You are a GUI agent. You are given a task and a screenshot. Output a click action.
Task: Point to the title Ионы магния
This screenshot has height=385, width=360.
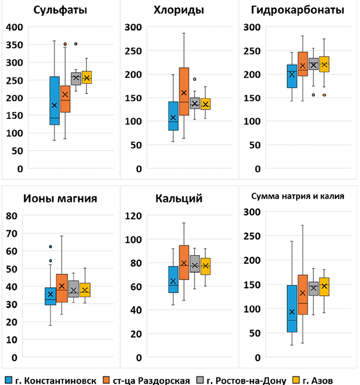pyautogui.click(x=61, y=199)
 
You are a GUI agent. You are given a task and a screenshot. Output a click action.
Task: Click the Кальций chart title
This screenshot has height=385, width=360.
pyautogui.click(x=179, y=199)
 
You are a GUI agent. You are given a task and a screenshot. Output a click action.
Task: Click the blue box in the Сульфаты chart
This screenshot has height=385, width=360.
pyautogui.click(x=54, y=100)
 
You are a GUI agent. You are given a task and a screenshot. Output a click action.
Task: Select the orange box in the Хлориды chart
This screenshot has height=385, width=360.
pyautogui.click(x=184, y=91)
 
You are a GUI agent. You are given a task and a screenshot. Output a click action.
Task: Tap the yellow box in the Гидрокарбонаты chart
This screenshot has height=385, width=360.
pyautogui.click(x=324, y=64)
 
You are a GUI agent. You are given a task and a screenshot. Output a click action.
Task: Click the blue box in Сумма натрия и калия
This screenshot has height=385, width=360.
pyautogui.click(x=292, y=308)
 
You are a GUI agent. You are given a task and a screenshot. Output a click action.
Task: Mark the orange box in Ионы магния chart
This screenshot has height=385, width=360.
pyautogui.click(x=62, y=288)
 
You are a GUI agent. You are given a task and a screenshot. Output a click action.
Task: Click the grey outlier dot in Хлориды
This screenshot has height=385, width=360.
pyautogui.click(x=195, y=79)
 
